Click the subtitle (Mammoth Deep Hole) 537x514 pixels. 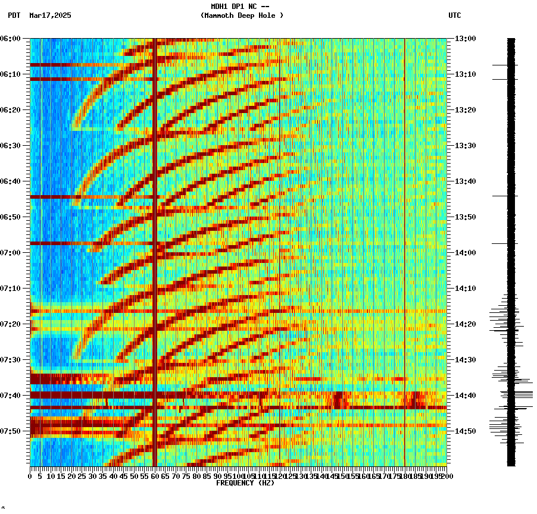coord(242,15)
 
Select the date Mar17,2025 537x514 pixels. coord(50,15)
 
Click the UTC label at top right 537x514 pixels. coord(454,15)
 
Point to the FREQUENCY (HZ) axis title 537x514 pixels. coord(245,483)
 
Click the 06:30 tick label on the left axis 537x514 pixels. coord(10,146)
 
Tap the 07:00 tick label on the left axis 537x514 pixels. coord(10,253)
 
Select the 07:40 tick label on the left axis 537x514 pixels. coord(10,396)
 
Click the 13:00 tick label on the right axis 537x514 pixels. coord(465,39)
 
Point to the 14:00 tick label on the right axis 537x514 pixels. coord(465,253)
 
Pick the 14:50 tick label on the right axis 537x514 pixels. coord(465,431)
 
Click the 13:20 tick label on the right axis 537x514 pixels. coord(465,110)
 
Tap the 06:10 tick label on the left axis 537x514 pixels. coord(10,74)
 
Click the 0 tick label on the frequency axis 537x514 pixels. coord(30,477)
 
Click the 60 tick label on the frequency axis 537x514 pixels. coord(155,477)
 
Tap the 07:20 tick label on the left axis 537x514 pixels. coord(10,324)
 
